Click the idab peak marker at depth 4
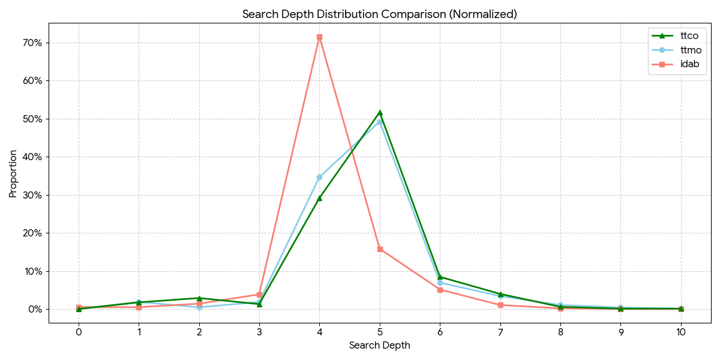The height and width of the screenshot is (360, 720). pyautogui.click(x=319, y=37)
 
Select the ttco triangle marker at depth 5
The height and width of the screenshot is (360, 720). pyautogui.click(x=380, y=112)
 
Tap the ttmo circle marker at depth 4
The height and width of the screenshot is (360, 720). pyautogui.click(x=319, y=177)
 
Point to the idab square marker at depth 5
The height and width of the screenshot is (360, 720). pyautogui.click(x=380, y=249)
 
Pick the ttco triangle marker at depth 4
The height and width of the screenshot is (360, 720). pyautogui.click(x=319, y=197)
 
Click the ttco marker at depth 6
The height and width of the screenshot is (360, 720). pyautogui.click(x=440, y=277)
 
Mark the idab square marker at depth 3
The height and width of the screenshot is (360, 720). pyautogui.click(x=259, y=295)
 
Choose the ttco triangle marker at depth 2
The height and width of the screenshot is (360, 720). pyautogui.click(x=199, y=298)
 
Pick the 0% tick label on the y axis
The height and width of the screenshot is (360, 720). pyautogui.click(x=35, y=309)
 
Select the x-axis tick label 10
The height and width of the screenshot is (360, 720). pyautogui.click(x=681, y=331)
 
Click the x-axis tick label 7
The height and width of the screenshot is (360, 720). pyautogui.click(x=500, y=331)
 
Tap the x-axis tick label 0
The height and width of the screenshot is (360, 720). pyautogui.click(x=79, y=331)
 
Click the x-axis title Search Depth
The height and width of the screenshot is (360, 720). pyautogui.click(x=380, y=346)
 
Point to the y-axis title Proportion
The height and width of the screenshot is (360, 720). pyautogui.click(x=13, y=174)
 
